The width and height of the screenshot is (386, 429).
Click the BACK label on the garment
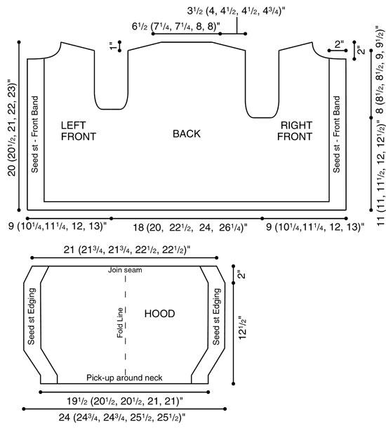(x=187, y=134)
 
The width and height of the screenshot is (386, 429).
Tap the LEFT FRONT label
(x=79, y=131)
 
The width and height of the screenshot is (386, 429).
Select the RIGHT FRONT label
(x=295, y=131)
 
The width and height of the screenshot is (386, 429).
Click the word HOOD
(x=160, y=314)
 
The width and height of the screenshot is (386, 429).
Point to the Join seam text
(x=125, y=270)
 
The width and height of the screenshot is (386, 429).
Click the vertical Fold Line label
(x=120, y=323)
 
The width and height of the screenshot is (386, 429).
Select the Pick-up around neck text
(x=124, y=378)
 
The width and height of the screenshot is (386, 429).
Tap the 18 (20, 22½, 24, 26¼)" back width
(x=190, y=227)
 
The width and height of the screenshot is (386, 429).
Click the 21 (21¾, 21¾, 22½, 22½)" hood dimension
(x=127, y=250)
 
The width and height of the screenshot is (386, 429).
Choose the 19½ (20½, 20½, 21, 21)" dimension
(x=125, y=402)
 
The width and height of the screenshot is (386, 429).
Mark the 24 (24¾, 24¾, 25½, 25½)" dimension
(x=122, y=418)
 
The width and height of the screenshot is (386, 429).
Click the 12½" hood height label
(x=242, y=328)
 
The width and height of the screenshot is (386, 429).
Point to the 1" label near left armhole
(x=112, y=46)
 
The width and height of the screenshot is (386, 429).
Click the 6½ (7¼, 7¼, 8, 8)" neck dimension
(x=176, y=27)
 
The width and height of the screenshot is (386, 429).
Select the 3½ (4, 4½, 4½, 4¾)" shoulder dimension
(x=237, y=11)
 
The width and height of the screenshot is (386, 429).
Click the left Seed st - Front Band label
(x=34, y=134)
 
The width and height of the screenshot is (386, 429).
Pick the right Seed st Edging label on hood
(x=216, y=316)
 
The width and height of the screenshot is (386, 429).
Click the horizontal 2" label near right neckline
(x=339, y=44)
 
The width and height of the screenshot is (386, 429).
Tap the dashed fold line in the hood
(x=126, y=325)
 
